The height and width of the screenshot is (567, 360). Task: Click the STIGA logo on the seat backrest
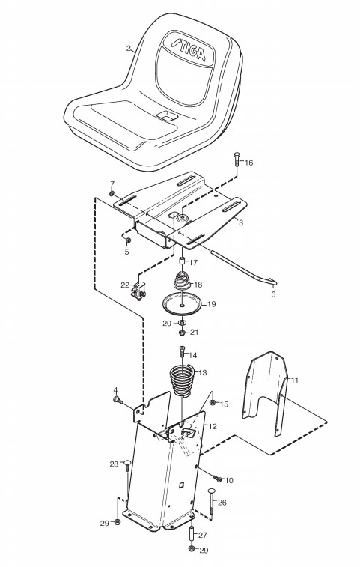click(x=189, y=50)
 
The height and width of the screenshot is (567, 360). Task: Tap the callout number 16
click(x=248, y=163)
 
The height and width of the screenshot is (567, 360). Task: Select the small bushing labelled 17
click(x=183, y=261)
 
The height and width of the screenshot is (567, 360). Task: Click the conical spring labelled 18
click(x=183, y=280)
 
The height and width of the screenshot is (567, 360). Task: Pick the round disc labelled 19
click(x=183, y=304)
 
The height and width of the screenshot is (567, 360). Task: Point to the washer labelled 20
click(x=182, y=322)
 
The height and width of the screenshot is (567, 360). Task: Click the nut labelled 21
click(x=182, y=332)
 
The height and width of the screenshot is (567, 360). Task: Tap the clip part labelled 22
click(x=138, y=291)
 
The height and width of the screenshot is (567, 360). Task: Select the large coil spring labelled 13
click(x=183, y=380)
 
